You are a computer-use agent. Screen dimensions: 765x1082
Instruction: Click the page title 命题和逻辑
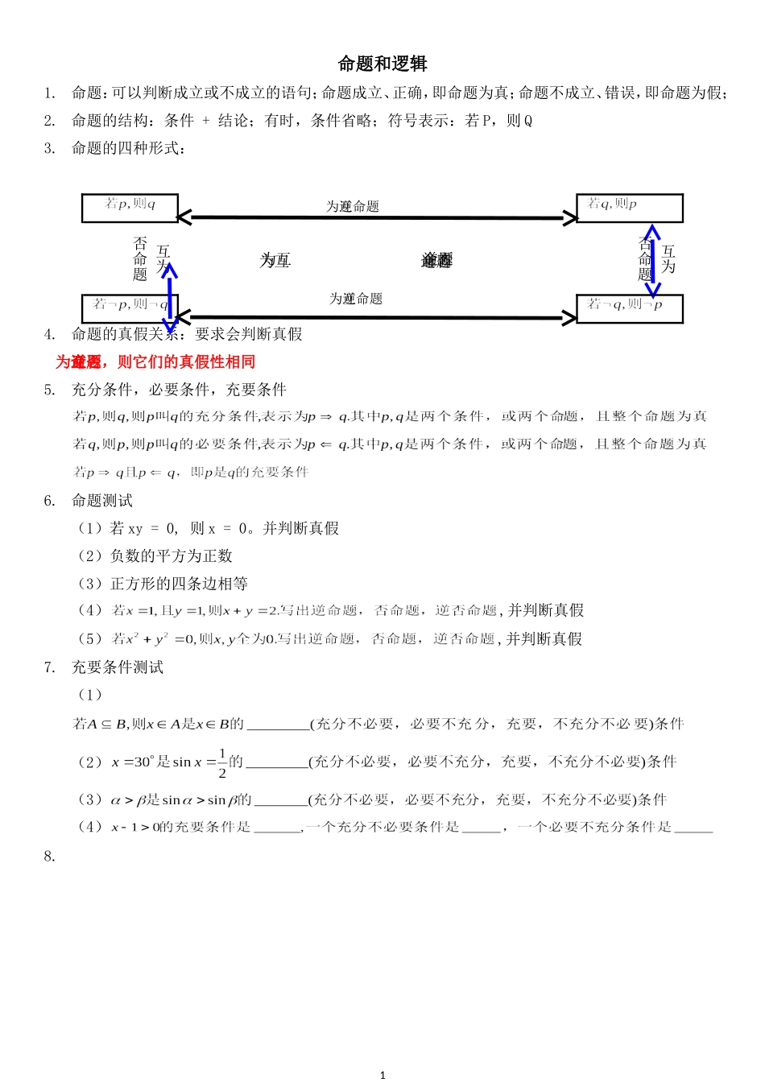click(382, 64)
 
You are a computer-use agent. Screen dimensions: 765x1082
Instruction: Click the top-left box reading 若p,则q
click(130, 207)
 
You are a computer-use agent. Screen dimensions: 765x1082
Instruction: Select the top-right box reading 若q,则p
click(629, 207)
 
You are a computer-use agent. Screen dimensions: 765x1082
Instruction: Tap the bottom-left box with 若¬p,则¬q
click(130, 308)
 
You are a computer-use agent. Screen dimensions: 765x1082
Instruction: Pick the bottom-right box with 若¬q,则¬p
click(629, 308)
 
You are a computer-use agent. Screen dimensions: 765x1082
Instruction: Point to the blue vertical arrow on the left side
click(169, 298)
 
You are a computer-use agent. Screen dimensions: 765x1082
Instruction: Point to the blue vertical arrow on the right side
click(652, 261)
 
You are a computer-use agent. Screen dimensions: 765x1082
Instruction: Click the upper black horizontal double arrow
click(377, 217)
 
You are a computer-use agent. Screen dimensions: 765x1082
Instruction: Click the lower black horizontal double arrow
click(377, 318)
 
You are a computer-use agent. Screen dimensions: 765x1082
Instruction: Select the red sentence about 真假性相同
click(155, 361)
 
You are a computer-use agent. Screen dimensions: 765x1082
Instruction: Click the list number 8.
click(49, 857)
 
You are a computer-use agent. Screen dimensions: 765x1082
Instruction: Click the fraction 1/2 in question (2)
click(222, 762)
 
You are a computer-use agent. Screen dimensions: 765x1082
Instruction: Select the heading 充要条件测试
click(118, 667)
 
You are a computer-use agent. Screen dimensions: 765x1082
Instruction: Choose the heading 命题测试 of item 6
click(102, 501)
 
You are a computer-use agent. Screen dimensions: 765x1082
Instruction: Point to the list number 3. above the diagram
click(49, 148)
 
